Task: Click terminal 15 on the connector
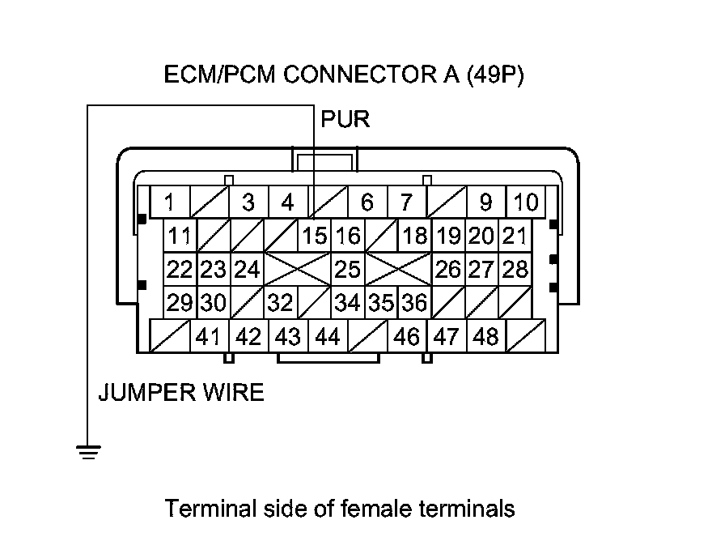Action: pyautogui.click(x=314, y=237)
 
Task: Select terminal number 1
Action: pyautogui.click(x=170, y=202)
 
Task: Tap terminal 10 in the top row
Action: pyautogui.click(x=526, y=202)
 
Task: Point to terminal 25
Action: pyautogui.click(x=347, y=269)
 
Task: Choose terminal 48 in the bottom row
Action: pyautogui.click(x=486, y=336)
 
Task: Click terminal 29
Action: pyautogui.click(x=180, y=303)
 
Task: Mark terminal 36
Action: pyautogui.click(x=413, y=303)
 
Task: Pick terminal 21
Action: pyautogui.click(x=514, y=237)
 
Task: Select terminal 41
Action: pyautogui.click(x=209, y=336)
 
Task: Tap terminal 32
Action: pyautogui.click(x=280, y=303)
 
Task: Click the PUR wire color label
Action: pyautogui.click(x=345, y=120)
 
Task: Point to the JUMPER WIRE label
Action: pyautogui.click(x=180, y=393)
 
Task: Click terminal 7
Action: pyautogui.click(x=407, y=202)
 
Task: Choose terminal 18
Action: pyautogui.click(x=414, y=237)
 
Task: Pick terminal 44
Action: pyautogui.click(x=328, y=336)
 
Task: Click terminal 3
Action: pyautogui.click(x=248, y=202)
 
